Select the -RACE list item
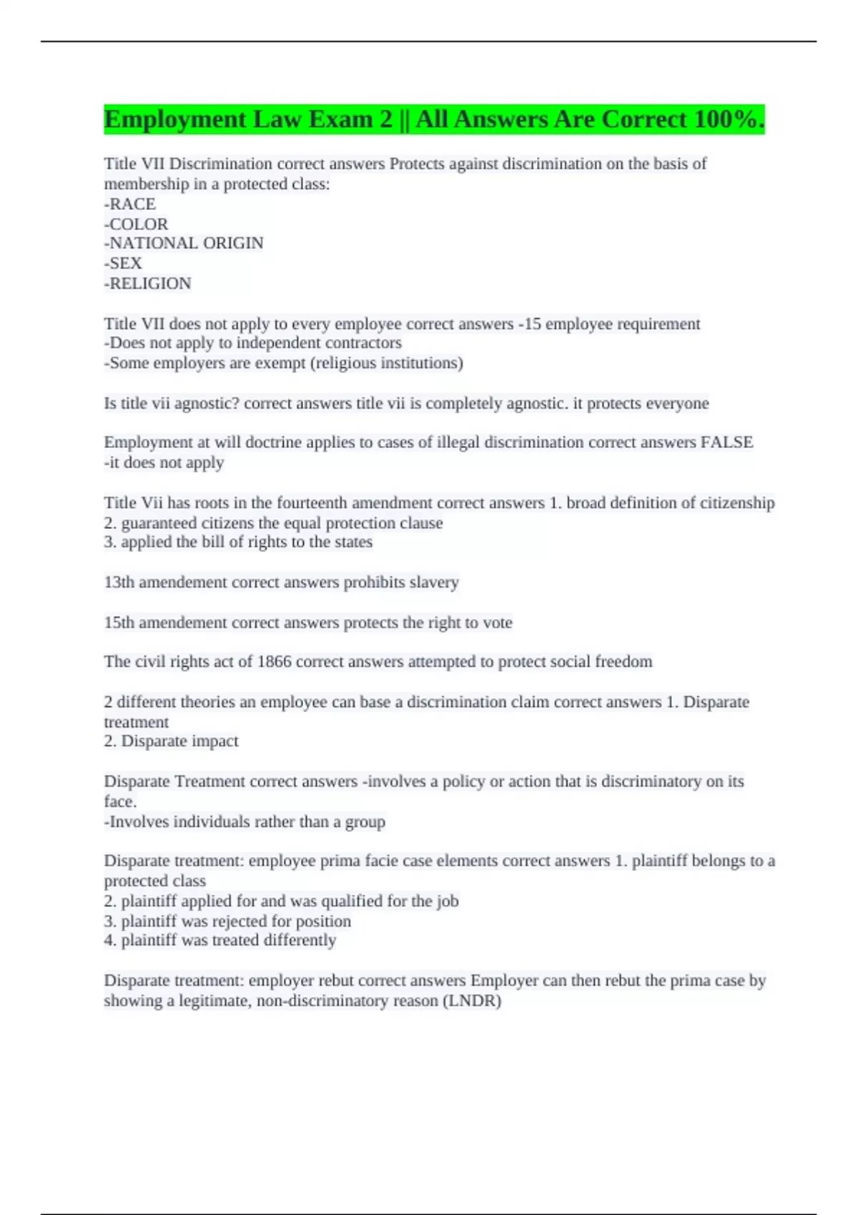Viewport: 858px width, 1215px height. pyautogui.click(x=130, y=204)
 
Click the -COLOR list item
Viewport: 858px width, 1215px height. pyautogui.click(x=136, y=224)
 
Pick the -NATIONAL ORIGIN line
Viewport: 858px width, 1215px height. pyautogui.click(x=184, y=243)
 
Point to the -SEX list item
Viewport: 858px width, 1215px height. pyautogui.click(x=123, y=263)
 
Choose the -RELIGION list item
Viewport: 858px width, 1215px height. pyautogui.click(x=147, y=284)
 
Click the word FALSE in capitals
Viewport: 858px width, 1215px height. pyautogui.click(x=726, y=442)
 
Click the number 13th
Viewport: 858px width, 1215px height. pyautogui.click(x=119, y=582)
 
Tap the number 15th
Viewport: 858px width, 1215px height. pyautogui.click(x=119, y=623)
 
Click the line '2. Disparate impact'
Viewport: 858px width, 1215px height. pyautogui.click(x=171, y=741)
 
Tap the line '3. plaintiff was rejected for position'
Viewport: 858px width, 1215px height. pyautogui.click(x=227, y=921)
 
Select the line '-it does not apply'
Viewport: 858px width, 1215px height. pyautogui.click(x=164, y=462)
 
